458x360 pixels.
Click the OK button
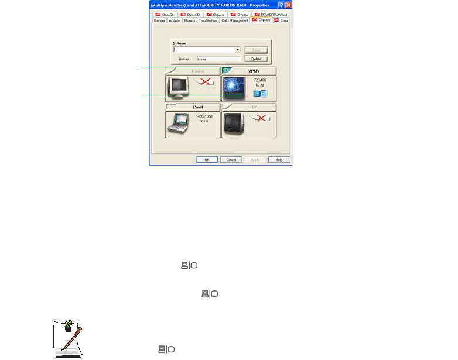(206, 159)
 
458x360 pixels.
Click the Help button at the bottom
(279, 159)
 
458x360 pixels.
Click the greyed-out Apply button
(255, 159)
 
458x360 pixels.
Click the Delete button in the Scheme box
(255, 59)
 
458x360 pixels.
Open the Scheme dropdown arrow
(238, 50)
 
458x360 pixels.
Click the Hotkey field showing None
(218, 59)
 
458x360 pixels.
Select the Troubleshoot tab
(208, 20)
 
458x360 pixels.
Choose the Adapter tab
(175, 20)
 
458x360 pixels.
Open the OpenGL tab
(165, 14)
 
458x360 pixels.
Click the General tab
(159, 20)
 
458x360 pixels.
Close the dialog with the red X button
(288, 4)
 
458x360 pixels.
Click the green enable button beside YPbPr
(227, 70)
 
